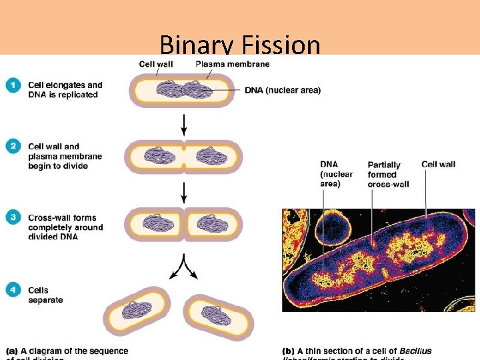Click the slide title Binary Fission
(x=240, y=45)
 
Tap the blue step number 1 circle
(x=13, y=85)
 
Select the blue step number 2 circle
(x=13, y=147)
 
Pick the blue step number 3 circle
(x=13, y=218)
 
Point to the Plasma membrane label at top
(x=233, y=64)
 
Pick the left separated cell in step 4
(x=137, y=313)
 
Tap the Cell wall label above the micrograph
(x=438, y=164)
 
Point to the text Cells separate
(x=45, y=295)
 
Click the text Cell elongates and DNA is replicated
(x=65, y=89)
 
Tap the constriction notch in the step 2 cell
(x=184, y=157)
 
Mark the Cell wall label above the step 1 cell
(x=155, y=64)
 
